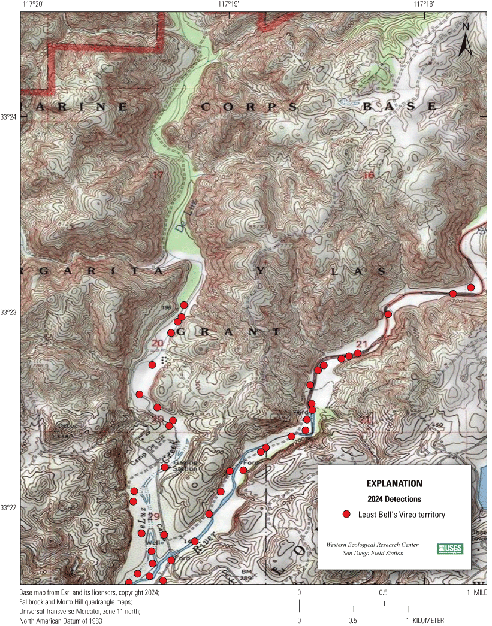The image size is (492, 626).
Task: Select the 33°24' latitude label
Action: click(10, 117)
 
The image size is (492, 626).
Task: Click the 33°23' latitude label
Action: click(10, 312)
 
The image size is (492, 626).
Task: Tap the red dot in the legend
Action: click(346, 514)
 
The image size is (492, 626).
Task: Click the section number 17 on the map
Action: click(158, 175)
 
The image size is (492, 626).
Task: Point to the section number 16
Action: click(368, 175)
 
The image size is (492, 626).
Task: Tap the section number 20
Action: click(158, 343)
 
